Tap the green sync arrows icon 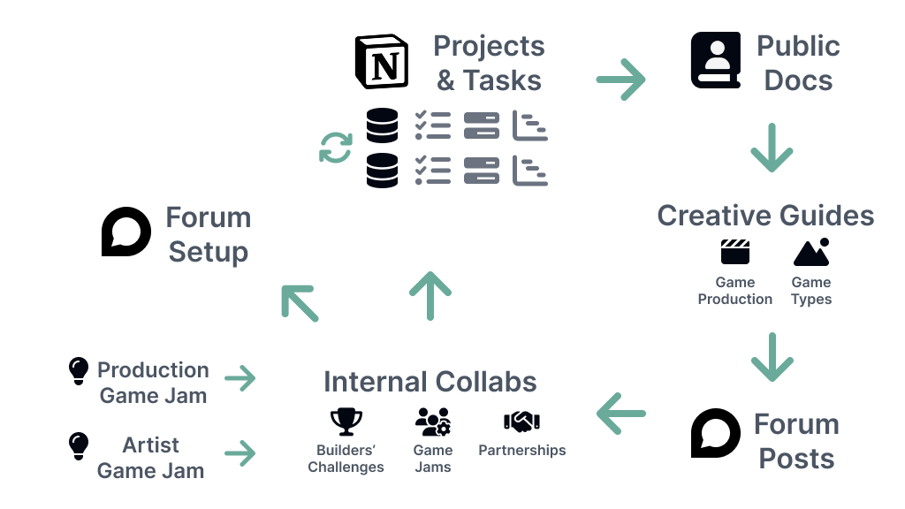336,148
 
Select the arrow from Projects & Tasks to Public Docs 620,80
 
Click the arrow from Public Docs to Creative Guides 772,148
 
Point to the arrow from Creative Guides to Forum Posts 772,357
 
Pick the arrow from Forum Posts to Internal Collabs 620,413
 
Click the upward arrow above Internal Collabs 430,295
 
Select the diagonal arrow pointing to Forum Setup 300,303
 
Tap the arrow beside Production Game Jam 240,378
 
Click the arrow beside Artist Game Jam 240,454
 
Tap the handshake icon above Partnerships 521,422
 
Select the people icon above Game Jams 433,422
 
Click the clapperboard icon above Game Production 735,253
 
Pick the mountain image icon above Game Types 811,253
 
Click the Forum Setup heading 209,234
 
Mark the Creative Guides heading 765,216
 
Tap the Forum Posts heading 796,441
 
